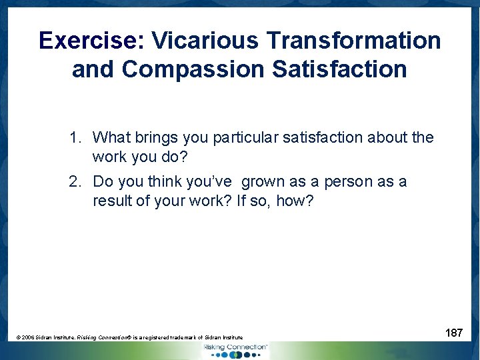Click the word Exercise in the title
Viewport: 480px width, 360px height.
point(87,41)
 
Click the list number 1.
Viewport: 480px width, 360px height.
point(75,138)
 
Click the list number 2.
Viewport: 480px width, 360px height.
point(75,182)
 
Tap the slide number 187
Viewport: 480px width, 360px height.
point(454,333)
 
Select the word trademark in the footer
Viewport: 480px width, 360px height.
point(188,338)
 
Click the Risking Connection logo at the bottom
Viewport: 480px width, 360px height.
point(235,349)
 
